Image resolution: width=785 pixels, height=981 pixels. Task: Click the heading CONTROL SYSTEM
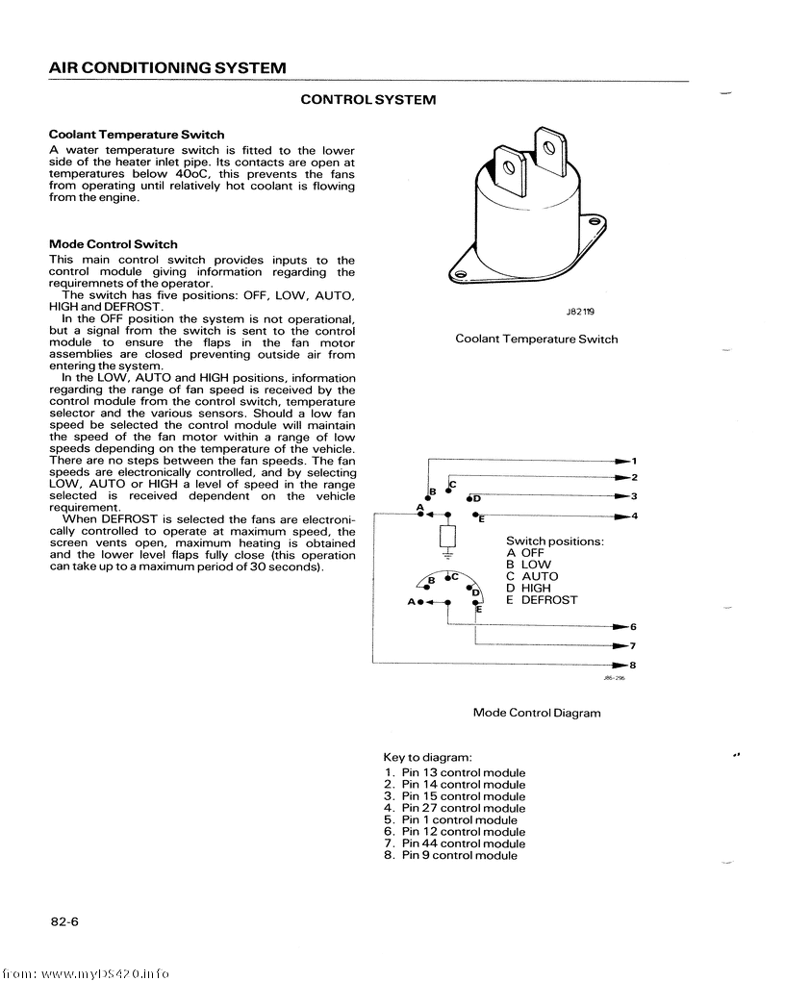[368, 100]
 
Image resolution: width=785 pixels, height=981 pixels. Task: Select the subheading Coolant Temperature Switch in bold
[137, 135]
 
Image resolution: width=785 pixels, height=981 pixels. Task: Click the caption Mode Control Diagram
[537, 713]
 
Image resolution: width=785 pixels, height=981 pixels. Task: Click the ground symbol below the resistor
[448, 555]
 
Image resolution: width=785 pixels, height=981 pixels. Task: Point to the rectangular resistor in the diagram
[448, 536]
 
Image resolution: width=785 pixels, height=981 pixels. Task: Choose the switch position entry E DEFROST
[542, 600]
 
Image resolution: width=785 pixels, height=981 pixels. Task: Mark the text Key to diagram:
[427, 758]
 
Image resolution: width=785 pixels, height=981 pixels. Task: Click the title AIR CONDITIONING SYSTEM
[167, 68]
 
